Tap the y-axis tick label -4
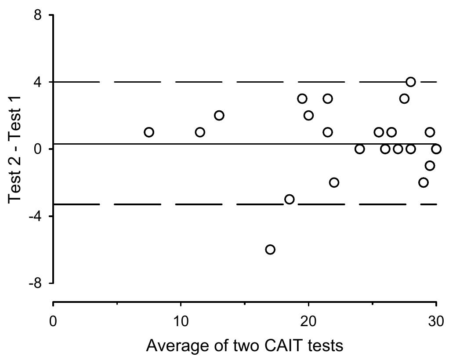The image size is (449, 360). point(35,216)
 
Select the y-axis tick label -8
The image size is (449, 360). point(35,283)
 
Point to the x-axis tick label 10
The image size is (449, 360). point(181,321)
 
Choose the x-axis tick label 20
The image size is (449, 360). point(308,321)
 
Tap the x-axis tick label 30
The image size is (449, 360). point(436,321)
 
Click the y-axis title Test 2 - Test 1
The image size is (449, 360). point(14,149)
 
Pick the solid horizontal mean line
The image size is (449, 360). point(245,144)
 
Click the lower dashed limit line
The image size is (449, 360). point(245,204)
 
